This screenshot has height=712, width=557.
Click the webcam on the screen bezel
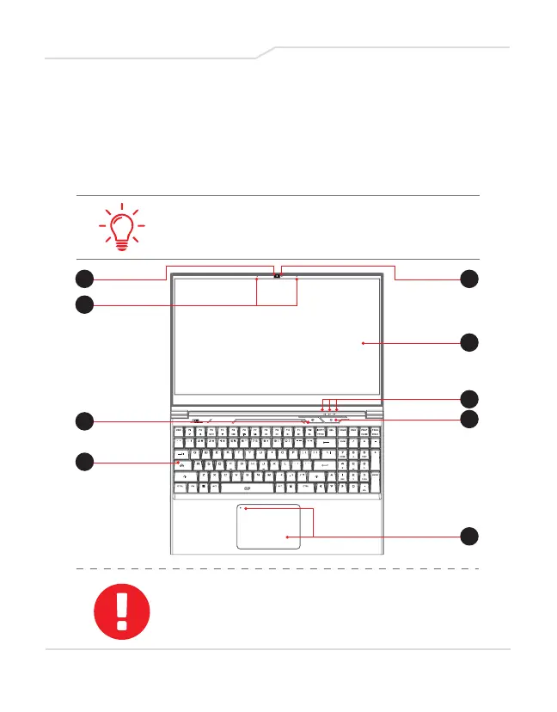click(278, 276)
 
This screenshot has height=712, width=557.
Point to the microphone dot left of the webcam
click(257, 279)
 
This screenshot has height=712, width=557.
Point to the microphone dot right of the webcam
click(297, 279)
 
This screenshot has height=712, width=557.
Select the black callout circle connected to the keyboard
click(83, 463)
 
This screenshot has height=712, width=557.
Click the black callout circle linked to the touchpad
click(469, 537)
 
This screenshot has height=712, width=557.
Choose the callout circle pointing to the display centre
click(469, 342)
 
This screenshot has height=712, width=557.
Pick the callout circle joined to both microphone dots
click(83, 304)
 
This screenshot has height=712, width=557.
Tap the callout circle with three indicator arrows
click(469, 398)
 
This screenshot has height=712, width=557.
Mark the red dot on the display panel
click(363, 343)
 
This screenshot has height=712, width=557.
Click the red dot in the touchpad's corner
click(245, 509)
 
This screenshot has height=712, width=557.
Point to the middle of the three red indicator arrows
click(329, 408)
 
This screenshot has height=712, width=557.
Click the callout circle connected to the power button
click(469, 419)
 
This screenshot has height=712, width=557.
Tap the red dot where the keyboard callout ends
click(177, 463)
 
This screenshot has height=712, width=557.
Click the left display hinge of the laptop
click(188, 411)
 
